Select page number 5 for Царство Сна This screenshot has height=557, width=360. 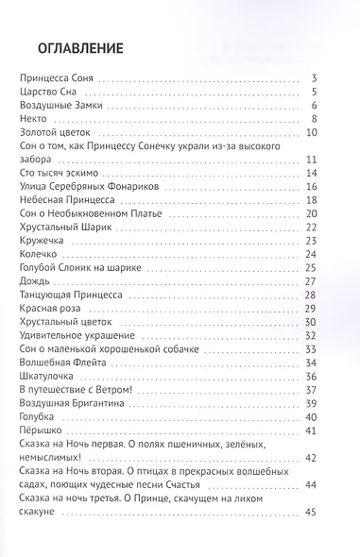pos(323,93)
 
